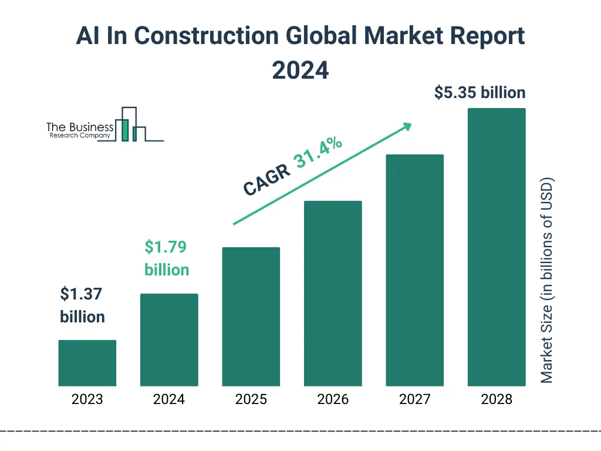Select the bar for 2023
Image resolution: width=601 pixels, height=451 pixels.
pyautogui.click(x=87, y=363)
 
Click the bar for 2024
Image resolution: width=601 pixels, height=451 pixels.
pyautogui.click(x=169, y=340)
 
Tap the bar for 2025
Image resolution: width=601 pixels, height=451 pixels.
pyautogui.click(x=251, y=317)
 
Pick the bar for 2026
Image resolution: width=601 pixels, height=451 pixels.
pyautogui.click(x=333, y=294)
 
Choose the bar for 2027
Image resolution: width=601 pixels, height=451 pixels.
pyautogui.click(x=414, y=270)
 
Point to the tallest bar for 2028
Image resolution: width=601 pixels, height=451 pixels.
pyautogui.click(x=497, y=247)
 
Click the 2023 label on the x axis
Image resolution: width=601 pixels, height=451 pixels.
pyautogui.click(x=87, y=400)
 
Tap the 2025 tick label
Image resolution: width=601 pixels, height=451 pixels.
pyautogui.click(x=251, y=400)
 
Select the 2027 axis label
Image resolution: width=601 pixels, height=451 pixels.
pyautogui.click(x=414, y=400)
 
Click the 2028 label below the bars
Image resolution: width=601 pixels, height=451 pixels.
pyautogui.click(x=497, y=400)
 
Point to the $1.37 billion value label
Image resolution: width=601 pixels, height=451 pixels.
pyautogui.click(x=83, y=305)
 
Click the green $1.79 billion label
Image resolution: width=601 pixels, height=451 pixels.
pyautogui.click(x=167, y=258)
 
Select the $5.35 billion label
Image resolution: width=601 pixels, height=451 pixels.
pyautogui.click(x=480, y=93)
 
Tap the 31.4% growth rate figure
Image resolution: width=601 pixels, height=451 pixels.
pyautogui.click(x=319, y=154)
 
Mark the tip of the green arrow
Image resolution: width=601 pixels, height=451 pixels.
pyautogui.click(x=411, y=124)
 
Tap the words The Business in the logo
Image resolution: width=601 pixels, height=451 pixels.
pyautogui.click(x=80, y=127)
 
